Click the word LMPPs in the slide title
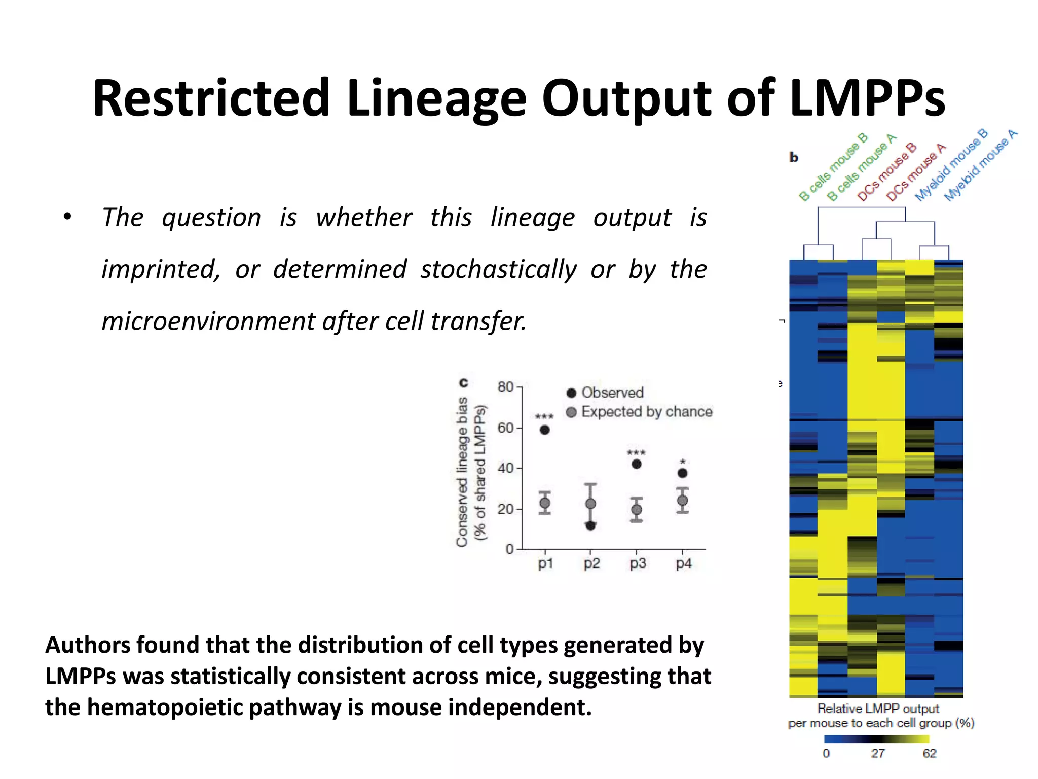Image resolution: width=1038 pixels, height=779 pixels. point(867,98)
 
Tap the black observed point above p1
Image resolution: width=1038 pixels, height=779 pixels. point(545,430)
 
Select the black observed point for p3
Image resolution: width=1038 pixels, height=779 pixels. point(637,464)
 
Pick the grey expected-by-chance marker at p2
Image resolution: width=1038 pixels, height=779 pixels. point(590,504)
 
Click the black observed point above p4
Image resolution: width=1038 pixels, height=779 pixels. point(683,473)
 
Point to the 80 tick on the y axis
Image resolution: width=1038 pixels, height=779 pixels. point(506,387)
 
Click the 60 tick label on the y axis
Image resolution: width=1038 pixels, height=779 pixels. point(506,428)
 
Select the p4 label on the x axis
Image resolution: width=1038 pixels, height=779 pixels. point(684,563)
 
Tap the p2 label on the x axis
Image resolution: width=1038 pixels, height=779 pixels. point(591,563)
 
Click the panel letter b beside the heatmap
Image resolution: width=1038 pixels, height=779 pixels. point(794,158)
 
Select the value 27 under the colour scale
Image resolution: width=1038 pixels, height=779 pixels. point(878,754)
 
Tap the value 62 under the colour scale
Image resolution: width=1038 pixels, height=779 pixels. point(930,754)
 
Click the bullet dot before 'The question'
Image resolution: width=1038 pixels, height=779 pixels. point(68,217)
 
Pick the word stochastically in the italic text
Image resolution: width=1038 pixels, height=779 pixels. point(498,269)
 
